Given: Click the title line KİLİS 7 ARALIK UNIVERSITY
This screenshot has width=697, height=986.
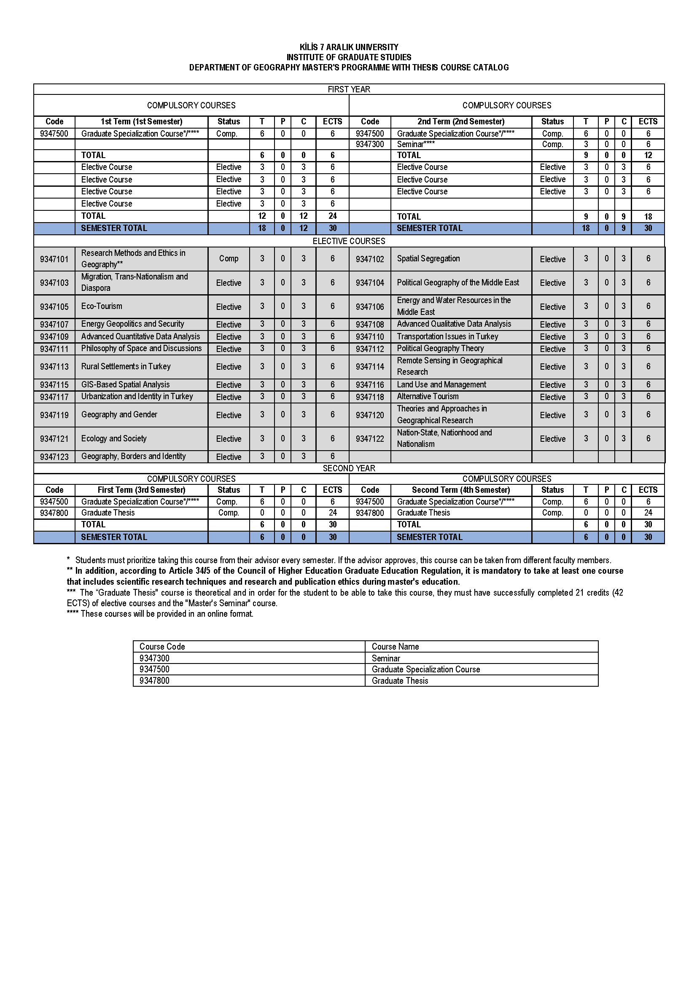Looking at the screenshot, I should (x=349, y=47).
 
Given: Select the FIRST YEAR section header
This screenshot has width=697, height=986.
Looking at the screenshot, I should (x=349, y=89).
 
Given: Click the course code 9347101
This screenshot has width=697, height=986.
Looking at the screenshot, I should (x=54, y=259).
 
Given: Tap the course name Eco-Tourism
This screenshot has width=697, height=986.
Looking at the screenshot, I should (x=102, y=306).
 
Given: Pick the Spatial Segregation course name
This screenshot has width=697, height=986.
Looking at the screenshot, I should (x=428, y=258).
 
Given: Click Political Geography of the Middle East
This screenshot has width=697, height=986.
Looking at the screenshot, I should (x=458, y=282).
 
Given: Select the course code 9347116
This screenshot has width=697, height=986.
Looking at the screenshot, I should (x=370, y=385).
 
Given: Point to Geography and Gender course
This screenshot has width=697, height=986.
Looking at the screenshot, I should (x=119, y=414).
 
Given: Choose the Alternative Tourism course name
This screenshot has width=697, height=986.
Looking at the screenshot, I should (x=428, y=396).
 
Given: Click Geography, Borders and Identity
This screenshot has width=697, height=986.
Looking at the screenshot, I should (x=134, y=456).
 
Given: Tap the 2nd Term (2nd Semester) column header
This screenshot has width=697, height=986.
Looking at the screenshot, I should (x=461, y=121).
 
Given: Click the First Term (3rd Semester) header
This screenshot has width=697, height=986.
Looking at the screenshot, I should (x=141, y=490).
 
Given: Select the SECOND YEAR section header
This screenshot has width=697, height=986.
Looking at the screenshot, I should (x=349, y=468).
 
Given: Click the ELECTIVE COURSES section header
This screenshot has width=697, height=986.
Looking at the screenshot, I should (x=349, y=241).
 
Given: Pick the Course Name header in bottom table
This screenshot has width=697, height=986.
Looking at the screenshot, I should (x=395, y=647).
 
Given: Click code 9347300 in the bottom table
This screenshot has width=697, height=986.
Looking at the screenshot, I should (x=155, y=658).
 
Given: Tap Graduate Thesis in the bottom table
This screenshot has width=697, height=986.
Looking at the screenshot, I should (x=400, y=681).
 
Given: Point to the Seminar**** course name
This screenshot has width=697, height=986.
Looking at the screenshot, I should (x=416, y=144).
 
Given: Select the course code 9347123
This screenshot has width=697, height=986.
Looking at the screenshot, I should (x=54, y=457).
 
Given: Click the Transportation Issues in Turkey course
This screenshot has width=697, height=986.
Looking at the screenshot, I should (x=447, y=336).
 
